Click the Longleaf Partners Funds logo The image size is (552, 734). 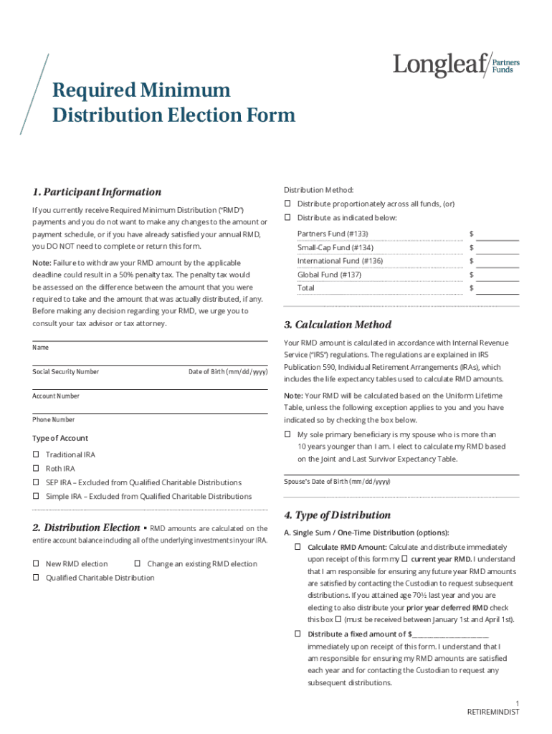click(456, 66)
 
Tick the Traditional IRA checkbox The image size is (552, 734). click(36, 455)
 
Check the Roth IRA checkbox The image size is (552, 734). click(36, 469)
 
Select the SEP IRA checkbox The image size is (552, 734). click(36, 482)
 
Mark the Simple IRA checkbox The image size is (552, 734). click(36, 496)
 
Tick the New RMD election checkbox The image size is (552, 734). click(36, 564)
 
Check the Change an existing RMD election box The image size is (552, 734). click(138, 564)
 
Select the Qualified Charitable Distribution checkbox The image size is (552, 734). click(36, 578)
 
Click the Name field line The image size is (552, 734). click(149, 340)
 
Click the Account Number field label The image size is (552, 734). click(56, 396)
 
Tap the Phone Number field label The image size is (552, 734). click(53, 419)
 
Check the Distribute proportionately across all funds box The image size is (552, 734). click(287, 204)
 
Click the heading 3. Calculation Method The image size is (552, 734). click(338, 325)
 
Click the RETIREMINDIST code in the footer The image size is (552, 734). click(492, 712)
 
